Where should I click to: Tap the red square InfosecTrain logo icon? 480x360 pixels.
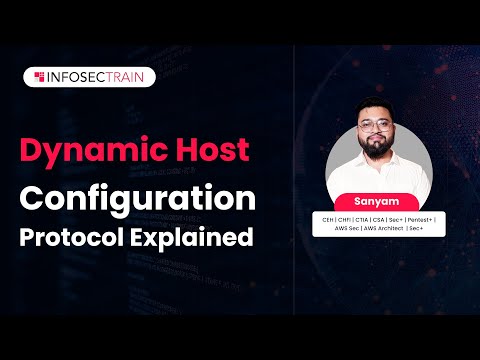[x=38, y=76]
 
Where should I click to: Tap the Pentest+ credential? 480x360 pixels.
[x=424, y=217]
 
